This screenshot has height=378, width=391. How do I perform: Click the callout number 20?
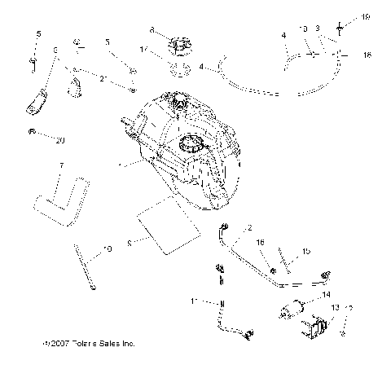coord(58,140)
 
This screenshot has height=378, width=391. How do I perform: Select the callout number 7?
coord(61,166)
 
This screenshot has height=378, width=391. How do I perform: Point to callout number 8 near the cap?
coord(152,30)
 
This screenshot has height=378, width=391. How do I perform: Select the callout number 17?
coord(144,50)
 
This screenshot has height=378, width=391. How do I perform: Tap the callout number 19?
coord(366,17)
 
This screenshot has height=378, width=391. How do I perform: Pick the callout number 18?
coord(367,54)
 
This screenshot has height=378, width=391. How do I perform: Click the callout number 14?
coord(326,294)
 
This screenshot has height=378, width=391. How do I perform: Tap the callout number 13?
coord(336,307)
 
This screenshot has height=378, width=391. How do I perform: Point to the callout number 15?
coord(307,252)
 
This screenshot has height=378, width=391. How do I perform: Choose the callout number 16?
coord(261,243)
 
